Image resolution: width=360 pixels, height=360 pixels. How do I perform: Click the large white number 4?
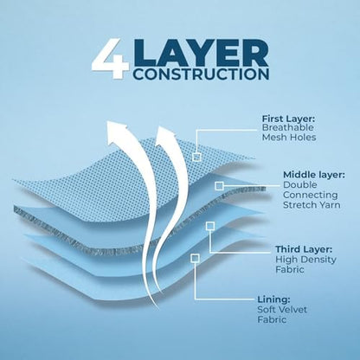coord(110,61)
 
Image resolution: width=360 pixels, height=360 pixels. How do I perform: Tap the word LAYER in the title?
coord(201,54)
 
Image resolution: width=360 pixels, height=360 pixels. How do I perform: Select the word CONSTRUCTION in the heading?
coord(201,74)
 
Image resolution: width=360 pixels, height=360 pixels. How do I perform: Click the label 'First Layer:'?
coord(288,119)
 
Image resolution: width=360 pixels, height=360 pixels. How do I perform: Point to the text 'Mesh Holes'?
coord(289,138)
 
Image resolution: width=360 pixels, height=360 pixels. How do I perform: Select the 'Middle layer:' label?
coord(314,175)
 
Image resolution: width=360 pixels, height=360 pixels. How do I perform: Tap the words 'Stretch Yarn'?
coord(312,205)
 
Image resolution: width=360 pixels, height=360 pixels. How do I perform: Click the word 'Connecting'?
coord(310,195)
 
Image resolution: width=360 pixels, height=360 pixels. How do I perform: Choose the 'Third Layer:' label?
coord(304,249)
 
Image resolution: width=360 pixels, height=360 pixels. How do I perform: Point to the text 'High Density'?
coord(305,260)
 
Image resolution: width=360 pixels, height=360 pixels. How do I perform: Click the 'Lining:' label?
coord(273,299)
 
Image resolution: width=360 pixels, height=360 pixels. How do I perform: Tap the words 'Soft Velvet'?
coord(282,310)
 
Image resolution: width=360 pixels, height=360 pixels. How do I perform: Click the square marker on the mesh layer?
coord(196,157)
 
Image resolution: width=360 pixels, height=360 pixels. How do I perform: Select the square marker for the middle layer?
coord(219,186)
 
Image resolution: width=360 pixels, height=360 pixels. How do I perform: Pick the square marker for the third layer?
coord(210,226)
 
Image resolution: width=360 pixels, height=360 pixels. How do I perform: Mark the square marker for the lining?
coord(195,258)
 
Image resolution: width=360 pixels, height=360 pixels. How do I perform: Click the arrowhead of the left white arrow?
coord(117,132)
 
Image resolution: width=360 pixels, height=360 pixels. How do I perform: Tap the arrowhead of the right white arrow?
coord(165,135)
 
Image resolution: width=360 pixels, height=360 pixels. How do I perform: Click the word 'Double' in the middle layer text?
coord(296,185)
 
